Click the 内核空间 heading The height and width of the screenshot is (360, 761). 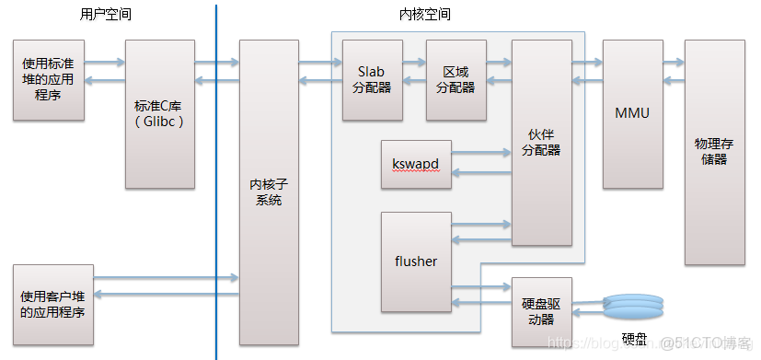[x=425, y=15]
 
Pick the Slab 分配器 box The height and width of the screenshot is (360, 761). [x=372, y=80]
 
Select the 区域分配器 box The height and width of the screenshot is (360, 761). [x=455, y=80]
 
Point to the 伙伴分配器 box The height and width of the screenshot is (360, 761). [x=541, y=143]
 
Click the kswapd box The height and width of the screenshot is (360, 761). [x=416, y=164]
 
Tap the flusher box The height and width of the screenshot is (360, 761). [x=416, y=261]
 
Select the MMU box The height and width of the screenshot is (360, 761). [x=632, y=114]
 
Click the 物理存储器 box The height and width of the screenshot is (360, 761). [x=713, y=152]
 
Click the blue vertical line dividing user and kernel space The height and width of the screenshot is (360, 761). [x=217, y=184]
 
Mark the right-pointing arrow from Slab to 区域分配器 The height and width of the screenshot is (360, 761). [x=414, y=63]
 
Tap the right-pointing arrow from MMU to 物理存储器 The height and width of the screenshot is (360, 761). [x=673, y=63]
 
